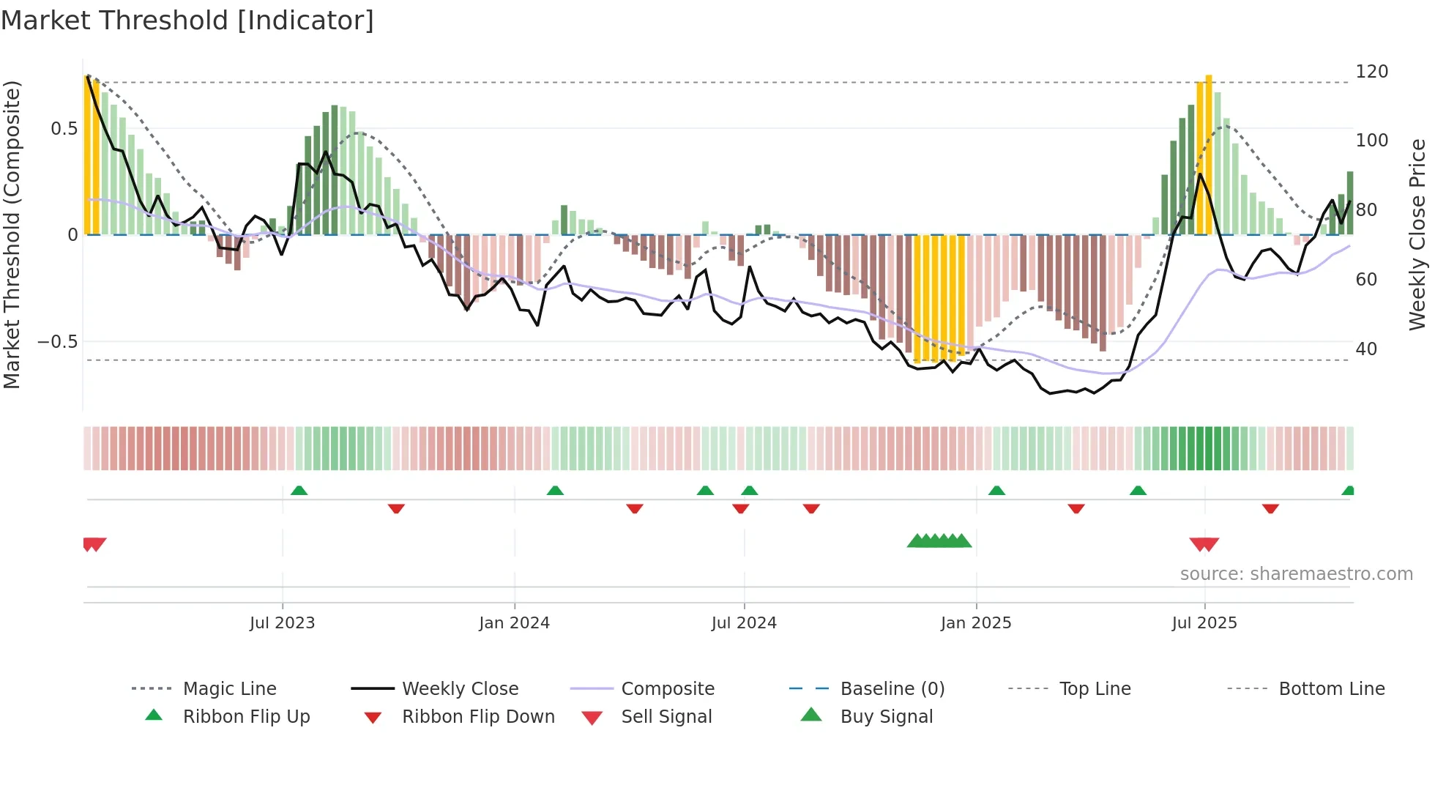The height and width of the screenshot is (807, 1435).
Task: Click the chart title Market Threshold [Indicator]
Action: point(187,21)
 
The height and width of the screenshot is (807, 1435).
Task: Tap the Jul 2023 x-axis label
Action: point(282,623)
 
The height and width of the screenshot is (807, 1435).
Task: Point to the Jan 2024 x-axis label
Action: point(514,623)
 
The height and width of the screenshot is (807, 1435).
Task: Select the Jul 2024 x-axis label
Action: point(744,623)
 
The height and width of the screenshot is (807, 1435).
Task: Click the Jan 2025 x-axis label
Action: point(976,623)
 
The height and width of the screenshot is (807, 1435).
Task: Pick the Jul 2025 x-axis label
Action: point(1204,623)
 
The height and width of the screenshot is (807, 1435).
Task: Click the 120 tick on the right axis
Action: point(1371,72)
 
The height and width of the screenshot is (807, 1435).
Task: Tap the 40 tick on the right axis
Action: point(1366,349)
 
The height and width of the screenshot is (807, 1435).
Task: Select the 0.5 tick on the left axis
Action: point(64,129)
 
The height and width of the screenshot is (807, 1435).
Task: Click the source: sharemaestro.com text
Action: point(1296,574)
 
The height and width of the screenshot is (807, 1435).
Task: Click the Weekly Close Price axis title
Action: point(1417,234)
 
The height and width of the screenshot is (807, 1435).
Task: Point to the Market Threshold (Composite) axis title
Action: point(12,234)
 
